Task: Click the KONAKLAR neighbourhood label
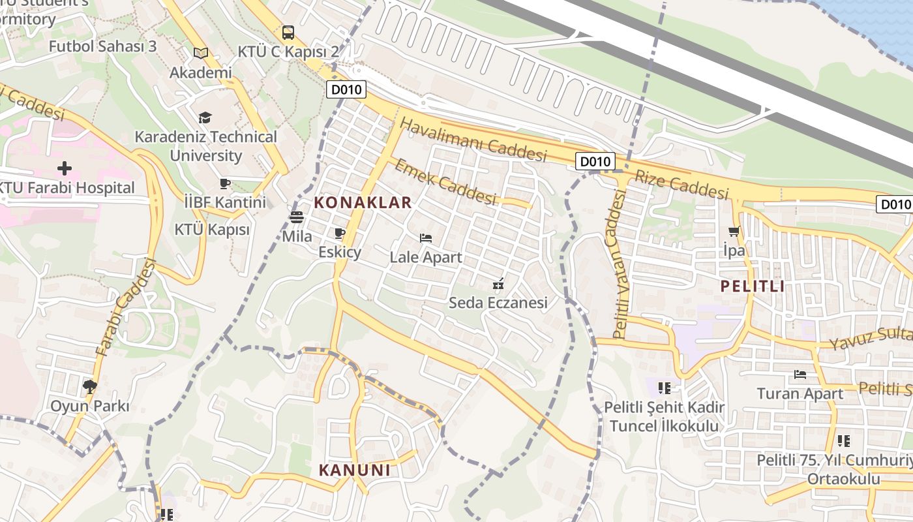(363, 202)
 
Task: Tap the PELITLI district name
(752, 286)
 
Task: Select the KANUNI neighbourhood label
(354, 470)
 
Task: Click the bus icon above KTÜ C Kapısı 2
(288, 32)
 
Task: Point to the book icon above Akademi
(201, 53)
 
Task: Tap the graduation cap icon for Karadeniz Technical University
(205, 117)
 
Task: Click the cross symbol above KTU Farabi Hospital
(64, 168)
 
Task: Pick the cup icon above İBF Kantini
(225, 183)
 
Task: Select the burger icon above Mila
(297, 217)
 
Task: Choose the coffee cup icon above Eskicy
(339, 233)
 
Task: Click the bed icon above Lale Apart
(426, 238)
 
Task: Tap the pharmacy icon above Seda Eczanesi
(498, 284)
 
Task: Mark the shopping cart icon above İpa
(734, 231)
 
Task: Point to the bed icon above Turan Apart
(800, 375)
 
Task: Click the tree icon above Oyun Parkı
(89, 387)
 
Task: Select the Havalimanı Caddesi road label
(473, 139)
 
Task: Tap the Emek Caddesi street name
(445, 181)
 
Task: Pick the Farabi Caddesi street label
(127, 308)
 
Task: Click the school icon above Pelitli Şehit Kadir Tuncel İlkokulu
(664, 388)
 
